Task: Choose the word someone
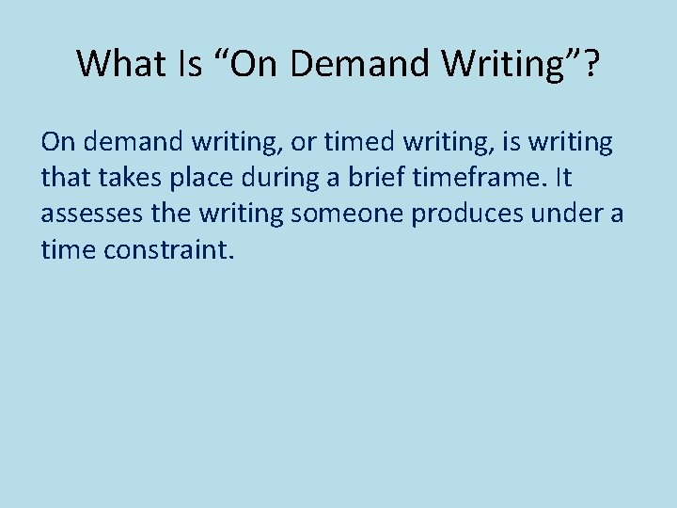(347, 214)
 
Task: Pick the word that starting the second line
(62, 179)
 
